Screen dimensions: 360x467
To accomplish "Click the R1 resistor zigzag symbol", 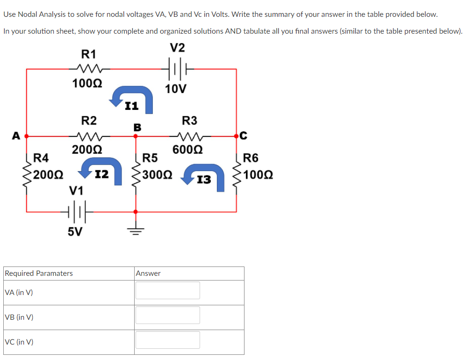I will coord(89,69).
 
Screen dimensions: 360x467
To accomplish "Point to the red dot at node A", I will coord(27,137).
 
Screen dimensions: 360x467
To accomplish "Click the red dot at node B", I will coord(136,137).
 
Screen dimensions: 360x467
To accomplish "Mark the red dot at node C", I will coord(236,137).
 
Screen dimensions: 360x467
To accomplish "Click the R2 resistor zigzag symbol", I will coord(89,137).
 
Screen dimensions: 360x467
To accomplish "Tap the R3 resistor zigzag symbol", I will coord(189,137).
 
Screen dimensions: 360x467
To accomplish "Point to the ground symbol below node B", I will coord(136,230).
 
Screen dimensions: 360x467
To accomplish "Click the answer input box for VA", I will coord(167,290).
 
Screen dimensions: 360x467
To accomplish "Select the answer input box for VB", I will coord(167,315).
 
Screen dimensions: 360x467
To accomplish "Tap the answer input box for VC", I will coord(167,340).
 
